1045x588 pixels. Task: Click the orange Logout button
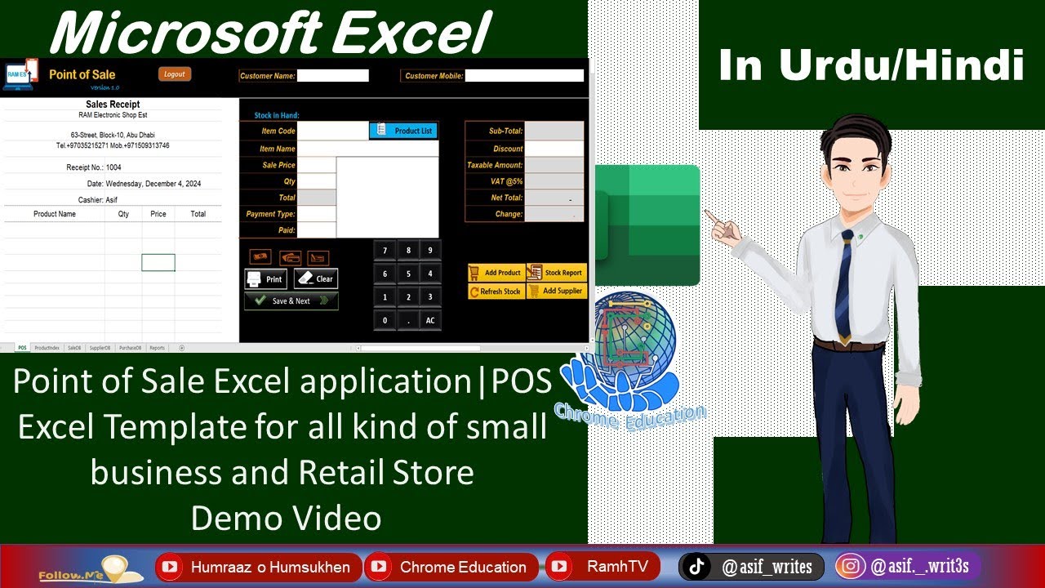point(175,74)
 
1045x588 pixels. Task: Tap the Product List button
point(403,131)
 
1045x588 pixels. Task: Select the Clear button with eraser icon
point(315,279)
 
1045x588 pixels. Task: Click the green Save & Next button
point(291,301)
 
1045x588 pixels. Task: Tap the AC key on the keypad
point(430,321)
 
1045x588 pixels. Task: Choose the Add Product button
point(496,273)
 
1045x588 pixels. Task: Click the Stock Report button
point(557,273)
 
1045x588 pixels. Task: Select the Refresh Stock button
point(496,292)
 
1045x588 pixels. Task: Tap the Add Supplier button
point(557,291)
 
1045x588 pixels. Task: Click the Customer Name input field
point(333,76)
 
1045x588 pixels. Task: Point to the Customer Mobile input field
point(524,76)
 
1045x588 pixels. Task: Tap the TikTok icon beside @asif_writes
point(696,567)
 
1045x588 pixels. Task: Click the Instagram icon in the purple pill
point(852,567)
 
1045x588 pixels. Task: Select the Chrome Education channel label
point(462,567)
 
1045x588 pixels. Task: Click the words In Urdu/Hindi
point(871,65)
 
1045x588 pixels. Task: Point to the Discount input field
point(554,149)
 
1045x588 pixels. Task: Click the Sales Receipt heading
point(113,105)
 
